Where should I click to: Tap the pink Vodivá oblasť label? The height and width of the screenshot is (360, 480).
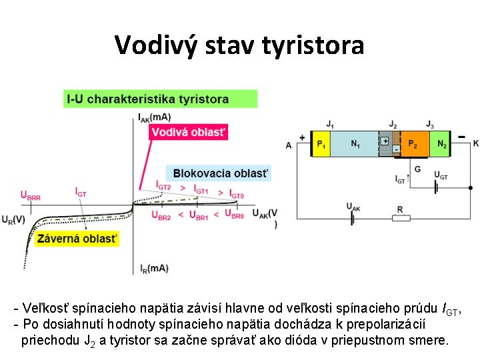point(188,132)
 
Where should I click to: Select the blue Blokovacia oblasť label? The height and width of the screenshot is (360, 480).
point(221,173)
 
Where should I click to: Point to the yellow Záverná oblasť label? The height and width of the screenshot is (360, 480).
point(77,238)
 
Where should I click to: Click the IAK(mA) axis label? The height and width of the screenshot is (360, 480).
point(155,118)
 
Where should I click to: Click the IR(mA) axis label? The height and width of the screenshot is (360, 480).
point(154,268)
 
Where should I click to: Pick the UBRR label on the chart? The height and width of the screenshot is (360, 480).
point(30,196)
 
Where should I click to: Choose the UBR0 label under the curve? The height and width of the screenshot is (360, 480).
point(234,215)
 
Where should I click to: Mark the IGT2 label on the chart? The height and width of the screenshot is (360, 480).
point(163,187)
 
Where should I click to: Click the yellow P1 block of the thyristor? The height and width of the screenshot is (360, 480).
point(321,144)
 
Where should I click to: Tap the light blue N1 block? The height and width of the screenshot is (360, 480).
point(355,144)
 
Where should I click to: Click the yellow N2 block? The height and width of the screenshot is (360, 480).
point(442,144)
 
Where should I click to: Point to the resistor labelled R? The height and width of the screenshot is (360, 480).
point(400,217)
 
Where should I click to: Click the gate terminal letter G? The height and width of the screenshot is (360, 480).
point(417,169)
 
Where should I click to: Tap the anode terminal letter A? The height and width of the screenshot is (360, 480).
point(289,145)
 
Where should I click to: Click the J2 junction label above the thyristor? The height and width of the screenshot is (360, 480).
point(393,125)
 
